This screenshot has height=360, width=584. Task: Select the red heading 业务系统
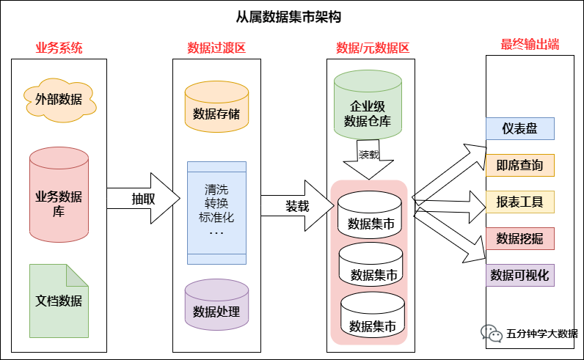(x=59, y=48)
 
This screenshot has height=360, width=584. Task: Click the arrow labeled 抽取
(x=144, y=199)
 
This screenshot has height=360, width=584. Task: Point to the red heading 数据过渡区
(x=216, y=48)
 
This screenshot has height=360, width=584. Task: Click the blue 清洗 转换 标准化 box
(x=216, y=213)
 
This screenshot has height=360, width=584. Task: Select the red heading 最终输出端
(x=530, y=44)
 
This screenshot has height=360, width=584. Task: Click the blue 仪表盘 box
(x=519, y=129)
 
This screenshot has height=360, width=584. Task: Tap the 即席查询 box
(x=519, y=165)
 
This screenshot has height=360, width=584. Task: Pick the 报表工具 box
(x=519, y=202)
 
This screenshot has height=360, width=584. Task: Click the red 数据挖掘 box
(x=519, y=238)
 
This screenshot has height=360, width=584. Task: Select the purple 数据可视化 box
(x=519, y=275)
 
